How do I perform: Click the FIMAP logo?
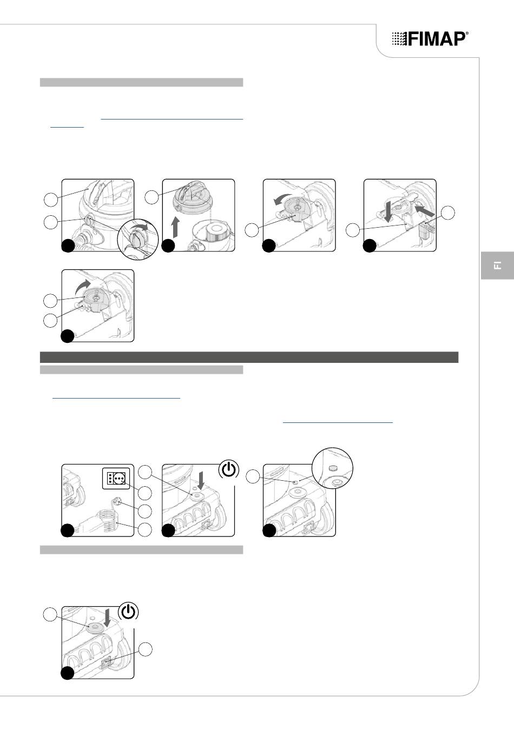[x=430, y=39]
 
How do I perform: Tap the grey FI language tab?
[x=497, y=265]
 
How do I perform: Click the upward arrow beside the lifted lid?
[x=175, y=227]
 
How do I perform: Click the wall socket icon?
[x=116, y=478]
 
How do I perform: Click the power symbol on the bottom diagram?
[x=129, y=612]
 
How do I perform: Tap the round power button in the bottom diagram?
[x=96, y=627]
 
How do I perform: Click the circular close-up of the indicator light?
[x=332, y=468]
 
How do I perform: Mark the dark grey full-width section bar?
[x=249, y=357]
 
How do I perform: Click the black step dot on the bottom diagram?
[x=68, y=673]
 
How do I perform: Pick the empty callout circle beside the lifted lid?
[x=151, y=197]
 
